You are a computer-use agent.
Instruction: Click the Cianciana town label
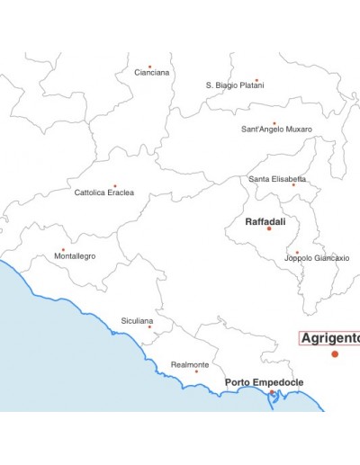152,73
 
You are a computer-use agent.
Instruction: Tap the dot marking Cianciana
149,66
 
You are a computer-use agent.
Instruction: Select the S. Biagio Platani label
235,85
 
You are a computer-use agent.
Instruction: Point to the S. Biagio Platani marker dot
256,80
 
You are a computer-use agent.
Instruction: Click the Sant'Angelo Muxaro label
276,130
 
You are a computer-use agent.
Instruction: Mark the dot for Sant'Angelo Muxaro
274,123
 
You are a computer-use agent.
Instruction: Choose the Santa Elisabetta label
277,179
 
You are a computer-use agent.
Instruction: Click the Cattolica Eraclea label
104,192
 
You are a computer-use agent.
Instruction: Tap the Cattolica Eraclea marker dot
114,186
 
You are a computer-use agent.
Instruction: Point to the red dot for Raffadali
268,228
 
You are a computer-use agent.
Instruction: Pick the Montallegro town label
75,256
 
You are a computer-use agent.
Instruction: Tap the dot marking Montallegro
63,250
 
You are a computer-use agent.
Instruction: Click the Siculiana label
137,320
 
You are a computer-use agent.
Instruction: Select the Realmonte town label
190,364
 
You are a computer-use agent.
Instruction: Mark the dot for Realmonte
196,371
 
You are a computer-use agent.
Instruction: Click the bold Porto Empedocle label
264,382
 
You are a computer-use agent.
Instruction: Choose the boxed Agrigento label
330,338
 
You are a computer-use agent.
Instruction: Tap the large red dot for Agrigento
335,353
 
